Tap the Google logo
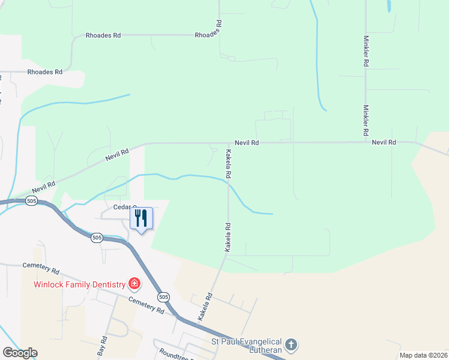pos(20,353)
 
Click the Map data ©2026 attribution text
pos(423,355)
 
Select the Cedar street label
pos(122,207)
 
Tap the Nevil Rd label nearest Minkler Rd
pos(384,143)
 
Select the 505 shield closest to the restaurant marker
pos(97,238)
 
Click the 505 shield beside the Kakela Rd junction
pos(163,296)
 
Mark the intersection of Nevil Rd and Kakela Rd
pos(228,143)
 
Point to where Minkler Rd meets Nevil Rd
pos(366,142)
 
